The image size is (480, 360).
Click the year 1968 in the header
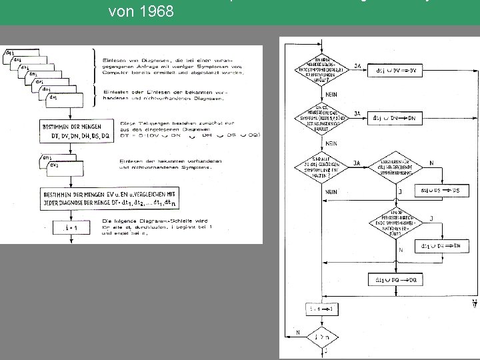[160, 11]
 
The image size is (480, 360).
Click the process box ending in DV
[397, 70]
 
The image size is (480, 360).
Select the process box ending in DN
[397, 118]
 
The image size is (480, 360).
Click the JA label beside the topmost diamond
[358, 66]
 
